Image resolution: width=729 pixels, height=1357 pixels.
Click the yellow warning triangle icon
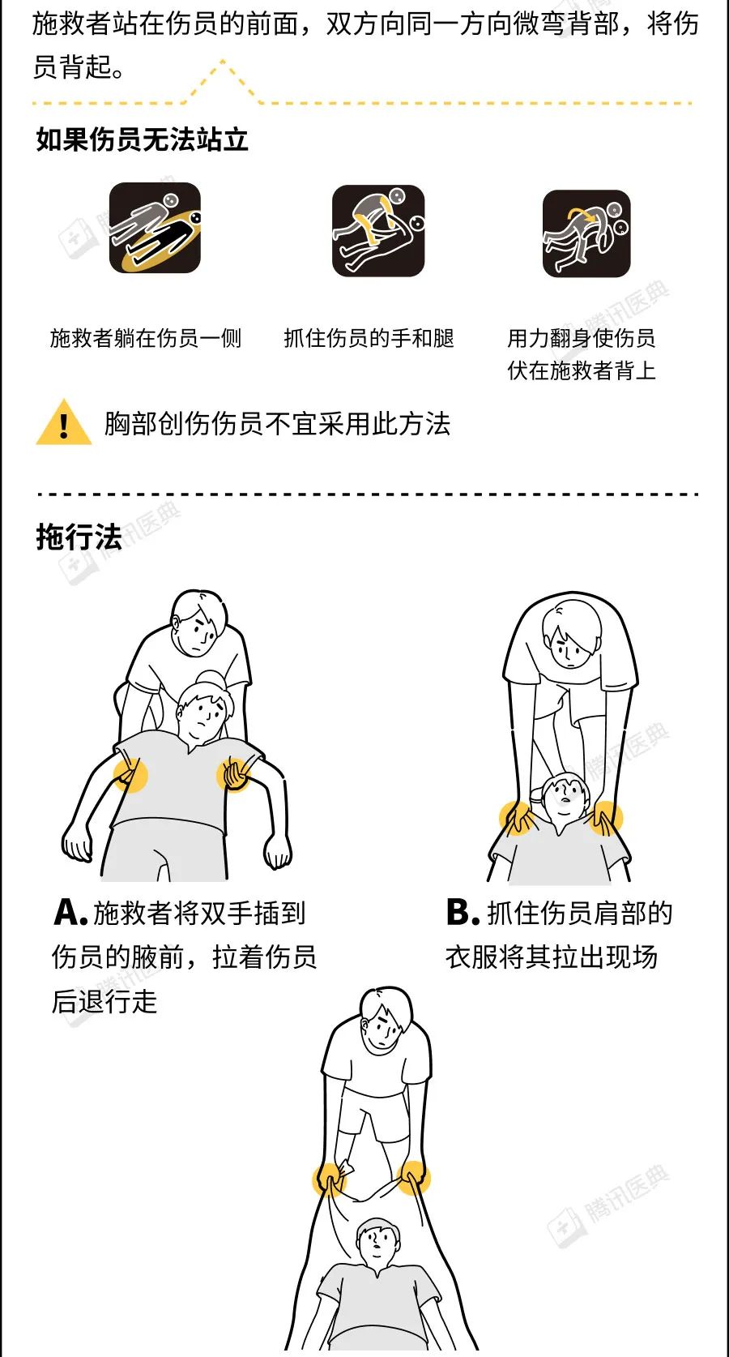(63, 422)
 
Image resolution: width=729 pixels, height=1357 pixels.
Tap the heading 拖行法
(79, 537)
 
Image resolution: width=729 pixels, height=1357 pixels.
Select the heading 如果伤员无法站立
(143, 139)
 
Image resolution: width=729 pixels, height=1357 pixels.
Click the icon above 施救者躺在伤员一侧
(155, 228)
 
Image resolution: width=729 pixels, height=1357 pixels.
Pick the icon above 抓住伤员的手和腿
(378, 231)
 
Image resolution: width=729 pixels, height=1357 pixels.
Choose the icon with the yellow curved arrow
(586, 233)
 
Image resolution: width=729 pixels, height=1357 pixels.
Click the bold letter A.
(70, 912)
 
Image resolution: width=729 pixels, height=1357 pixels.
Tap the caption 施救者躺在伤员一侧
(145, 338)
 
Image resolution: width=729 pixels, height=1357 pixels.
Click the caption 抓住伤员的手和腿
(369, 338)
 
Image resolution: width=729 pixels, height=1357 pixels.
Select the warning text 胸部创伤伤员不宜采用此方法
(277, 423)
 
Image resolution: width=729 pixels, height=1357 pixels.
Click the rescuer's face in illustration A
(198, 632)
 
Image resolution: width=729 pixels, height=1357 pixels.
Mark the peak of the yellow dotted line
(223, 61)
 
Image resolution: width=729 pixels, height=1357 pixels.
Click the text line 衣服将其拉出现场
(552, 957)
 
